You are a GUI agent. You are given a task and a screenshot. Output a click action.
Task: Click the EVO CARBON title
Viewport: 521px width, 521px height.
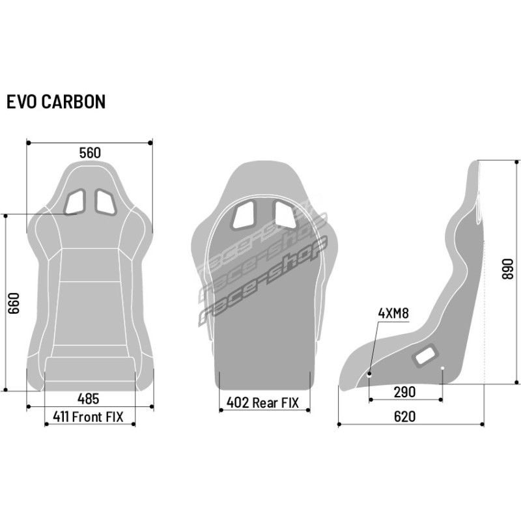click(56, 102)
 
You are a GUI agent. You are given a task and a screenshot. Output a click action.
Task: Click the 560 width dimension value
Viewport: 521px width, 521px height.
click(90, 153)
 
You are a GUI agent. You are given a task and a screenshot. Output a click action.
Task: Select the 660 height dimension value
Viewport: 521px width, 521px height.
click(14, 303)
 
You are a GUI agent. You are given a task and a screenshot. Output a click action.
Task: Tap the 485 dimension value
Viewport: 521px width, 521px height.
click(88, 399)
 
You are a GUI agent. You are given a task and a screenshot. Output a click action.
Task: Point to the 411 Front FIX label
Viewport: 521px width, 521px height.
click(88, 417)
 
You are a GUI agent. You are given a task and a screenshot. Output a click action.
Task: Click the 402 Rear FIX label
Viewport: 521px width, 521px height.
click(262, 402)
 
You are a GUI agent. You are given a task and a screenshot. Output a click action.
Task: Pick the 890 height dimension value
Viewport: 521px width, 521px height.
click(507, 269)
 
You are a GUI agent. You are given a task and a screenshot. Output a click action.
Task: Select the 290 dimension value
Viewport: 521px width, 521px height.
click(404, 392)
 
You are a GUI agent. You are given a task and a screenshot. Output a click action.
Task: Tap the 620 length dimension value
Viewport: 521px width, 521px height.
click(404, 416)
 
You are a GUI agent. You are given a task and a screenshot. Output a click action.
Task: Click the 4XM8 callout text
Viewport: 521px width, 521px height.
click(393, 313)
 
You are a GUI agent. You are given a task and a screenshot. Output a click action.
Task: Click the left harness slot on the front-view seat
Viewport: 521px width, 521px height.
click(75, 202)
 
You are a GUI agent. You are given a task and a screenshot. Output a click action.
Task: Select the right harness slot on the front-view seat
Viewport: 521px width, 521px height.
click(106, 202)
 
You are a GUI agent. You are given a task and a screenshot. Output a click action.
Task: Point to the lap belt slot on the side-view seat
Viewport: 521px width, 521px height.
click(425, 356)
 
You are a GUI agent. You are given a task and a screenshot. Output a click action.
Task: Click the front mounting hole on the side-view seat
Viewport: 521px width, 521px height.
click(369, 374)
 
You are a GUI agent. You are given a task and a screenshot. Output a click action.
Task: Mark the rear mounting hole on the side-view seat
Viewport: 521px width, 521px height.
click(442, 368)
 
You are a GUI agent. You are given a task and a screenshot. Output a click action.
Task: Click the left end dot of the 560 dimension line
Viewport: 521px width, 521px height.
click(29, 143)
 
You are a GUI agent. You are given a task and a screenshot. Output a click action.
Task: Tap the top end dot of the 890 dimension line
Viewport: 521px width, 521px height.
click(516, 162)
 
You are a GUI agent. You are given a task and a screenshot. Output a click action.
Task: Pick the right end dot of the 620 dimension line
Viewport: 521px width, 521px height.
click(482, 425)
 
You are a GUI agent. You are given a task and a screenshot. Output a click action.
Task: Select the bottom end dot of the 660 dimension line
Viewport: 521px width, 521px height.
click(6, 389)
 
